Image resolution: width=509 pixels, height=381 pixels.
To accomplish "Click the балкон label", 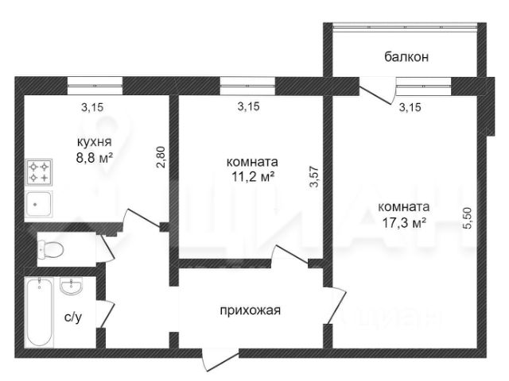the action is point(406,57).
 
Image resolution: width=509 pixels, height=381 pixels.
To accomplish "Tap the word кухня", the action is point(94,141).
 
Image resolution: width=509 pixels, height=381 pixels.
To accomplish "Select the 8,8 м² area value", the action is point(94,159).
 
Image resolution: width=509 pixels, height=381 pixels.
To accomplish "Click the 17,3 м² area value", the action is point(404,223).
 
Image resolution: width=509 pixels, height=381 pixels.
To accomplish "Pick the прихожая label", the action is point(250,310).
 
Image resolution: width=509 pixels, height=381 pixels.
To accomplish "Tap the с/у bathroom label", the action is point(73,317).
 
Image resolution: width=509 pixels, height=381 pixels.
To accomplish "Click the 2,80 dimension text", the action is point(161,157).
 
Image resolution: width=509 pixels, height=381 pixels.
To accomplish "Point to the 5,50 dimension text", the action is point(469,218).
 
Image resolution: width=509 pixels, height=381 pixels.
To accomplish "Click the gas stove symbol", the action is point(39,172).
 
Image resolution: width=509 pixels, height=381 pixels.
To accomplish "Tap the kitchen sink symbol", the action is point(39,205).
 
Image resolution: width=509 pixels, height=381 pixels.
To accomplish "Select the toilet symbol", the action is point(50,250).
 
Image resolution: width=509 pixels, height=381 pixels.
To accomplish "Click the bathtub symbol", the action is point(39,312).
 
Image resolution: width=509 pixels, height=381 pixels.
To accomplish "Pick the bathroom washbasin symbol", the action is point(72,286).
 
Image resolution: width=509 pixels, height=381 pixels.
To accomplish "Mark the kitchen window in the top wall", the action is point(95,86).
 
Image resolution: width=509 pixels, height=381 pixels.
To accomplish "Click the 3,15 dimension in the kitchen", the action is point(92,107).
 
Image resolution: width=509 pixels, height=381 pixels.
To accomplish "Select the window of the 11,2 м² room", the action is point(247,86).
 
